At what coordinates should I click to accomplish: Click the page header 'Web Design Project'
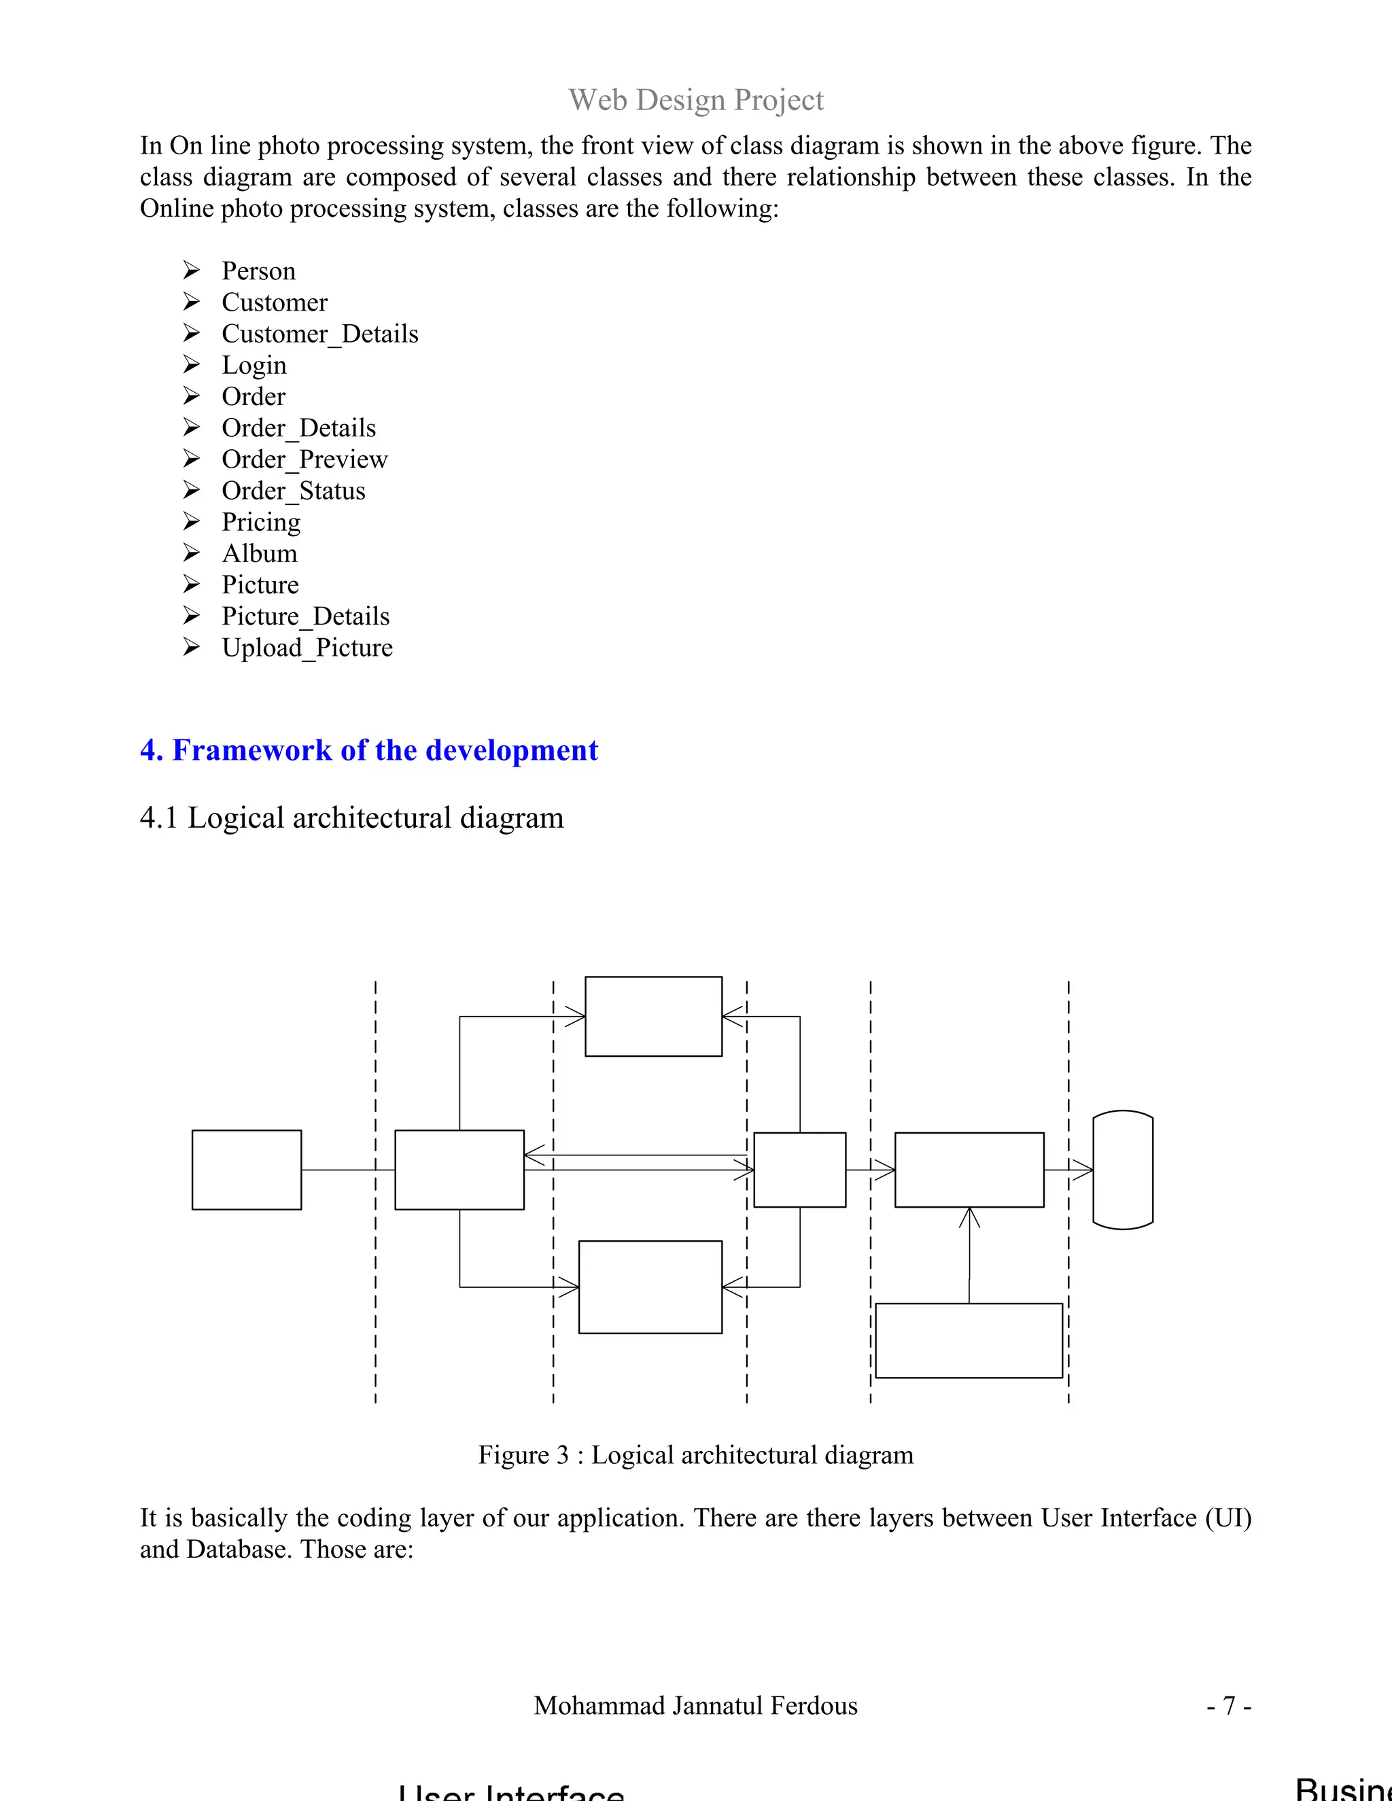click(x=695, y=100)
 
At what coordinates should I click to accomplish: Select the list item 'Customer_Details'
click(x=319, y=334)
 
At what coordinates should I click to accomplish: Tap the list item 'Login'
click(x=254, y=366)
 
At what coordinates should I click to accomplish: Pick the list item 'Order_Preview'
click(x=304, y=459)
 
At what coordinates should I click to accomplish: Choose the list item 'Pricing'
click(x=260, y=522)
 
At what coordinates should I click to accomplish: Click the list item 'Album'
click(x=259, y=553)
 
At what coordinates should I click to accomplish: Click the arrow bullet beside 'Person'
click(x=191, y=270)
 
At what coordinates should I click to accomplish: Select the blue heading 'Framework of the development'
click(x=384, y=750)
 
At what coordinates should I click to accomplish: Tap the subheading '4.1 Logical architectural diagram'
click(x=352, y=818)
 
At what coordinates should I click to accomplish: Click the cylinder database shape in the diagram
click(x=1122, y=1170)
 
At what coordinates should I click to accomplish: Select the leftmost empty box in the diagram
click(x=247, y=1170)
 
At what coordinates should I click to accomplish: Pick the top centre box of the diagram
click(x=653, y=1016)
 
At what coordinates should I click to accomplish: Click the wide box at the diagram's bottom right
click(x=968, y=1340)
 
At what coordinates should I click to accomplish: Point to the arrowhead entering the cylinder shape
click(x=1083, y=1170)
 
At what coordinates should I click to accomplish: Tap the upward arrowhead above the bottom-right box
click(x=969, y=1218)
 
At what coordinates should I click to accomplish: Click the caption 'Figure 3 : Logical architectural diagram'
click(x=695, y=1454)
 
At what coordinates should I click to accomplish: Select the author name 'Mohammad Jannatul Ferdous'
click(x=695, y=1705)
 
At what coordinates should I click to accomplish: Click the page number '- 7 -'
click(x=1229, y=1705)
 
